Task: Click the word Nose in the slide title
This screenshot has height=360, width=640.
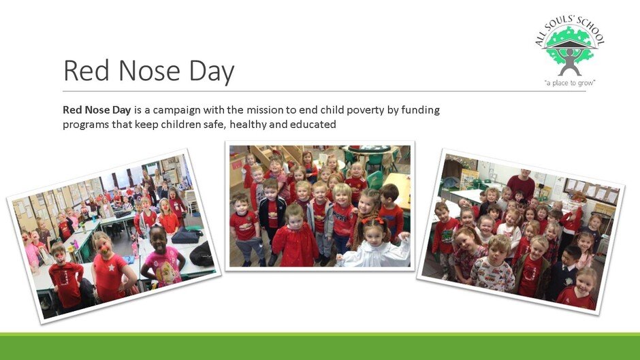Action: [x=149, y=70]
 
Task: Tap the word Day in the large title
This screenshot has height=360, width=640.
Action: [x=212, y=72]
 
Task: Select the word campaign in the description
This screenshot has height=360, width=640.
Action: [x=177, y=111]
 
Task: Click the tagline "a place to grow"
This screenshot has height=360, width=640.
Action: [x=570, y=83]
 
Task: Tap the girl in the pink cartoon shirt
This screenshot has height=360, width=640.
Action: [x=163, y=258]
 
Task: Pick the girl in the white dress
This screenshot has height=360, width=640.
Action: [x=374, y=244]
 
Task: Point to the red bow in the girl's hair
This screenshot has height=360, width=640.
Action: [x=372, y=220]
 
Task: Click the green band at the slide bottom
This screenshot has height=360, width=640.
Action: [x=320, y=346]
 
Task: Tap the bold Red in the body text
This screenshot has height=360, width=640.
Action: [x=72, y=110]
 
